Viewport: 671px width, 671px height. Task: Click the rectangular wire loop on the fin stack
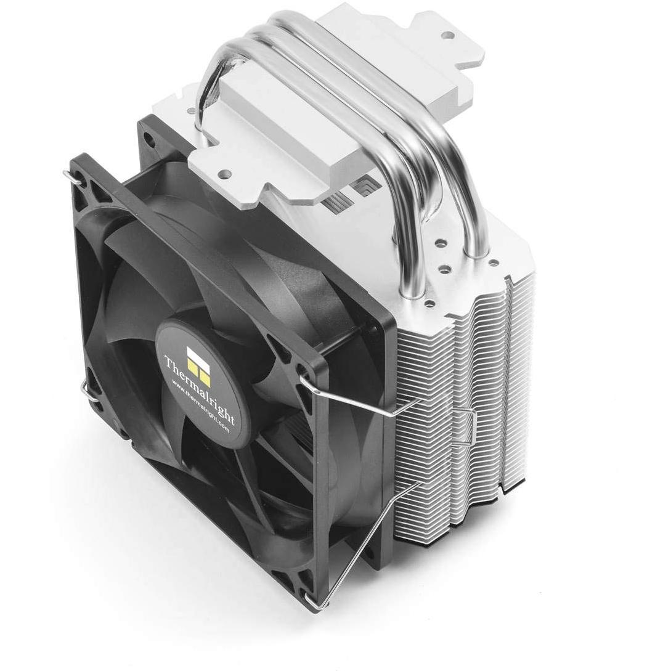coord(465,426)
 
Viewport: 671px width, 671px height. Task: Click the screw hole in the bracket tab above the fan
coord(224,173)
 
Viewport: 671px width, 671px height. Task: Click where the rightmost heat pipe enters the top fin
coord(476,253)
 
